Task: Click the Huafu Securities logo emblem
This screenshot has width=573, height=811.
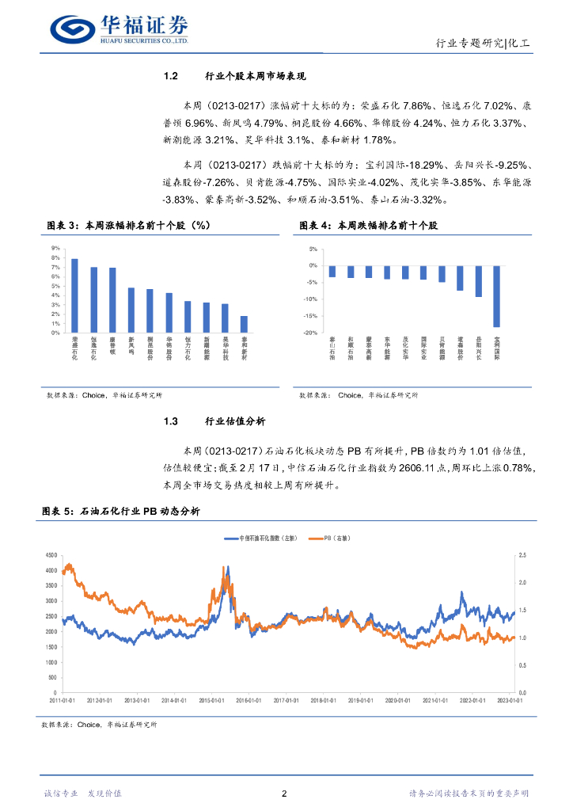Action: (x=73, y=29)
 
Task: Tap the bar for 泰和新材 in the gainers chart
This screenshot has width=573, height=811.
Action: (x=244, y=324)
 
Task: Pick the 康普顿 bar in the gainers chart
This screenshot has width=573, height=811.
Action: (x=112, y=300)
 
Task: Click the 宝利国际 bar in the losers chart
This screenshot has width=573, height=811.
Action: (x=497, y=296)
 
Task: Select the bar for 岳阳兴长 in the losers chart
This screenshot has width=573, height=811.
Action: (x=478, y=281)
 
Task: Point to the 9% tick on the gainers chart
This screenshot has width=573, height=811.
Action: (x=55, y=249)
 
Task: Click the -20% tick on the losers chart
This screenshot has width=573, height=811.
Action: (x=312, y=333)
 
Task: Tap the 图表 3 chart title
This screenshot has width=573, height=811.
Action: (x=125, y=227)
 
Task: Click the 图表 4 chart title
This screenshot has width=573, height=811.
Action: (x=368, y=227)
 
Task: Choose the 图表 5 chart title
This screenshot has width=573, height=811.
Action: (x=121, y=512)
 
